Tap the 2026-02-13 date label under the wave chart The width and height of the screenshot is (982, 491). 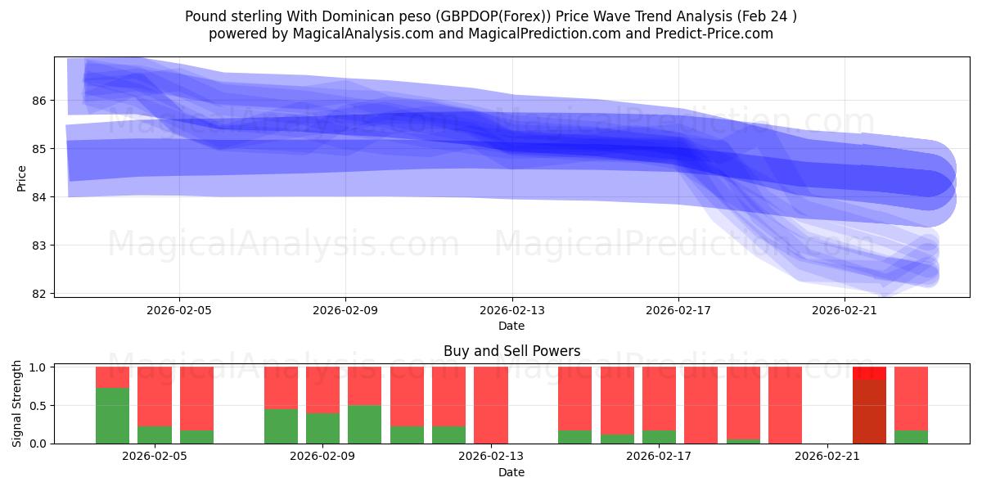(511, 310)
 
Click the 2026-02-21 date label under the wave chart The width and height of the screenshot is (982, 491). (844, 310)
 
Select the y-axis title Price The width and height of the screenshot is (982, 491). (22, 178)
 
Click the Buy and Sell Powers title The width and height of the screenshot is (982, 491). (511, 351)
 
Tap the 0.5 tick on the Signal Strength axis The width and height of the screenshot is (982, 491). (38, 406)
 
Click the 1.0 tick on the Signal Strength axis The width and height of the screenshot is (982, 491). (38, 367)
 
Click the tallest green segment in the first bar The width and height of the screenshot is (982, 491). (112, 416)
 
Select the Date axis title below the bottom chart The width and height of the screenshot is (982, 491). (511, 472)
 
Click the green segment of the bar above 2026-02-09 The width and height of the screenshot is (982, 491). (322, 428)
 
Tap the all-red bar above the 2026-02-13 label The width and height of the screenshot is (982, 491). (491, 405)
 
